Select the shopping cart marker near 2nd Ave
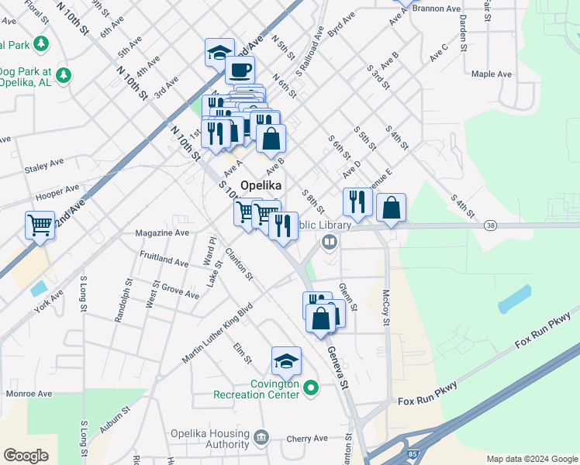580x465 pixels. [40, 226]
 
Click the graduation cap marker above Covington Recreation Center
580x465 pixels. [285, 360]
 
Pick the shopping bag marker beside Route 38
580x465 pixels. [392, 208]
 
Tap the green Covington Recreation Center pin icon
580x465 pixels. [311, 387]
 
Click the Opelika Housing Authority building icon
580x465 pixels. [261, 439]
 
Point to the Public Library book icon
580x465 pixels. [330, 243]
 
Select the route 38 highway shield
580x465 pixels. [490, 226]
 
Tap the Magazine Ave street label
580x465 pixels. [162, 232]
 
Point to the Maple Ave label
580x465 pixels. [492, 74]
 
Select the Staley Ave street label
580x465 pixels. [44, 166]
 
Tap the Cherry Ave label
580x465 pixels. [307, 439]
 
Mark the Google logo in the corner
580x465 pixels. [26, 456]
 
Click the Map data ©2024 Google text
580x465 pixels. [531, 459]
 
